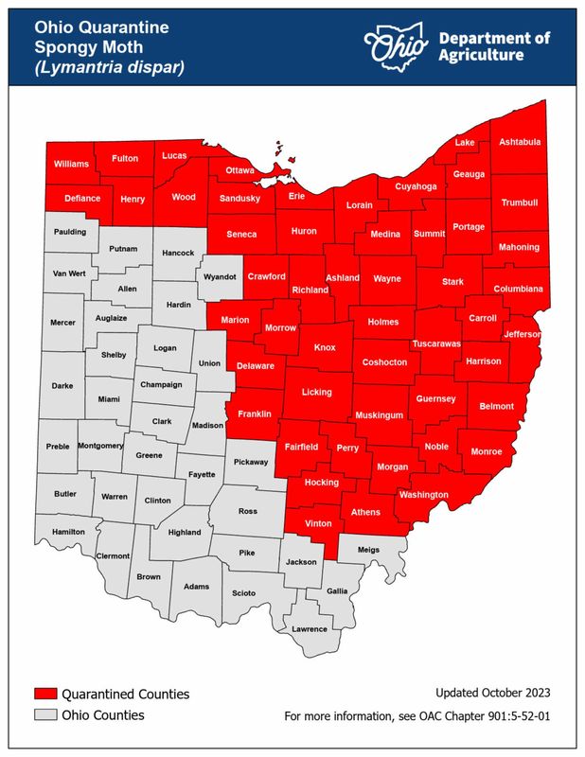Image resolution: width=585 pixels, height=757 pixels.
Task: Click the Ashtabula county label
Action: [521, 142]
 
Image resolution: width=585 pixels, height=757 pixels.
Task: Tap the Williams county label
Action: [71, 164]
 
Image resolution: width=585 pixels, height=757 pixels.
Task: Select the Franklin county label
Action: [254, 414]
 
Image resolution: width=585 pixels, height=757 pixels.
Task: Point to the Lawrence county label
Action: [309, 628]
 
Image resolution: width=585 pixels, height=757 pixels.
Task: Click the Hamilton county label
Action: [68, 532]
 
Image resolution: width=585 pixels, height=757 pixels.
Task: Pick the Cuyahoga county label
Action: [416, 186]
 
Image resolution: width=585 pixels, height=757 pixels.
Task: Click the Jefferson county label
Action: [522, 334]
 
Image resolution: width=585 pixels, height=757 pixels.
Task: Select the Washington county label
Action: [423, 495]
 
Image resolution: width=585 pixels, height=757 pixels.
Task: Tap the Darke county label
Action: [62, 386]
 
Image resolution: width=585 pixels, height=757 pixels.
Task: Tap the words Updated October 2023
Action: [491, 693]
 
